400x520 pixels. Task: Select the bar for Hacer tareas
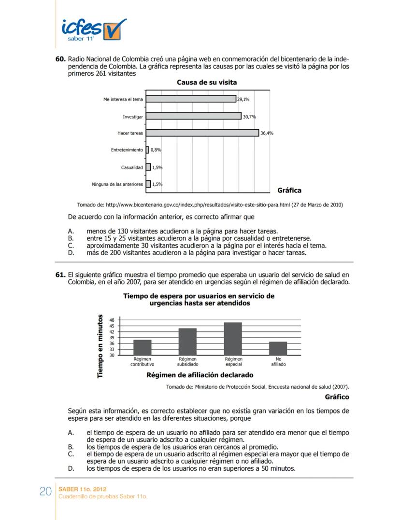click(x=202, y=133)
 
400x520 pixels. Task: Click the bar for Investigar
click(x=193, y=116)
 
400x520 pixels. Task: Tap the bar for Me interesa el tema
click(x=191, y=99)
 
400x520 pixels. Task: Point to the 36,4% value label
click(x=267, y=133)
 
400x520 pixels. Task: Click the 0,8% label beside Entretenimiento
click(x=156, y=150)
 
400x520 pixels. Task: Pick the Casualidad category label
click(x=132, y=167)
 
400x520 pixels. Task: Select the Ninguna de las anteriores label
click(x=117, y=184)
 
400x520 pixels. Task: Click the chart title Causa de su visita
click(x=207, y=82)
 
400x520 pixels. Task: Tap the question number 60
click(x=60, y=58)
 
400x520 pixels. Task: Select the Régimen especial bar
click(x=233, y=339)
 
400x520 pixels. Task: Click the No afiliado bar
click(x=278, y=348)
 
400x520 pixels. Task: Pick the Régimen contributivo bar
click(x=142, y=347)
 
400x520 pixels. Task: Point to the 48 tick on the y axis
click(x=112, y=320)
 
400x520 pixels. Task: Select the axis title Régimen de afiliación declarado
click(x=200, y=375)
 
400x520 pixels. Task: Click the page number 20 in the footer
click(x=45, y=492)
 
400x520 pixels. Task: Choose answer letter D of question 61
click(x=71, y=468)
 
